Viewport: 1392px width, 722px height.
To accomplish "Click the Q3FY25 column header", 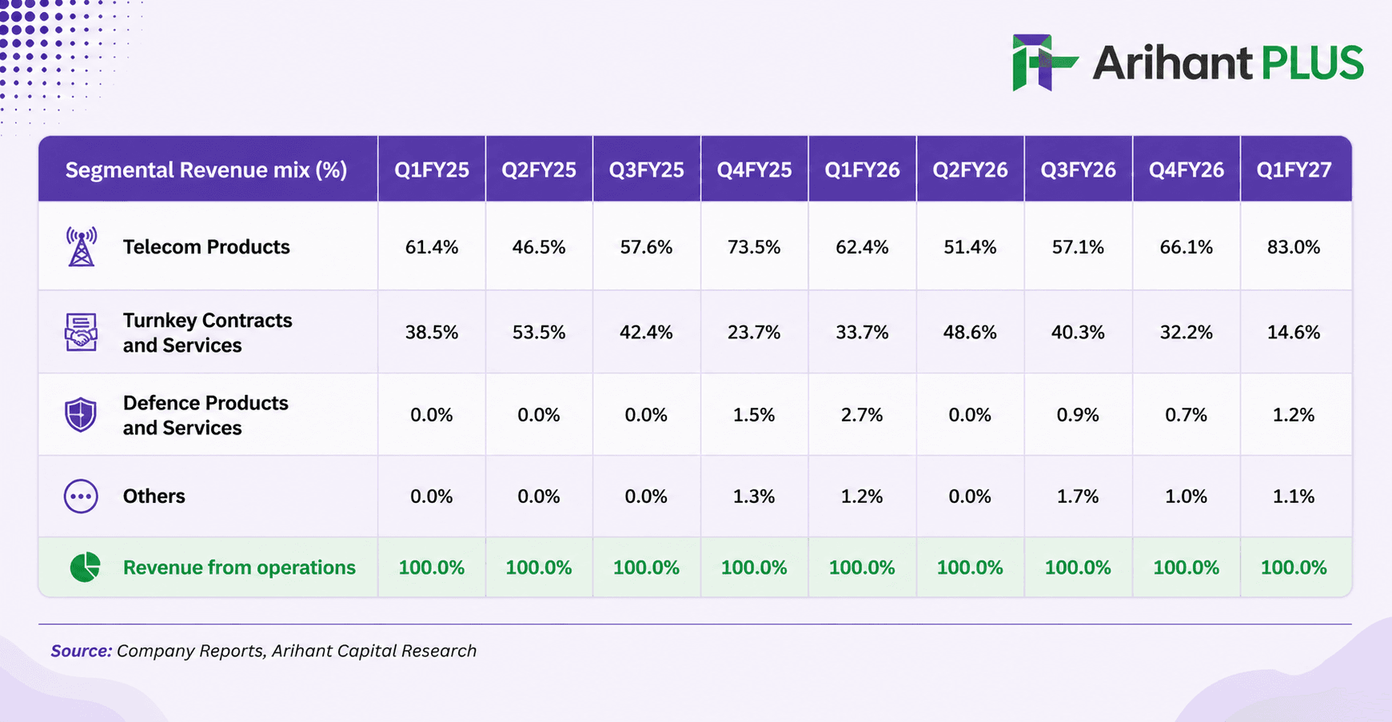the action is [646, 170].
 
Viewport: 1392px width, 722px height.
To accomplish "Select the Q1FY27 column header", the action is [1294, 170].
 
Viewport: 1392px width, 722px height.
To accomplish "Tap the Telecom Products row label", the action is [206, 247].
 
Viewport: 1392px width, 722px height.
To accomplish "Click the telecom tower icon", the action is [82, 246].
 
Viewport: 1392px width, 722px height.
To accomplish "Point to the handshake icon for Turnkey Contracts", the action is [81, 332].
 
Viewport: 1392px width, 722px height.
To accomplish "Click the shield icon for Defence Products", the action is [81, 415].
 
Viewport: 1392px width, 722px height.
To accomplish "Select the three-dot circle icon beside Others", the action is [81, 497].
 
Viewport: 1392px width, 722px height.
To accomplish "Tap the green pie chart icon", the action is [85, 567].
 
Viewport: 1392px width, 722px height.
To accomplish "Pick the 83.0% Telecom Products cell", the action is [1294, 247].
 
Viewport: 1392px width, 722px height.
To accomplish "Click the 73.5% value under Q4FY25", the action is [754, 247].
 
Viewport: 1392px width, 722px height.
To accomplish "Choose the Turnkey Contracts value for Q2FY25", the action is [539, 333].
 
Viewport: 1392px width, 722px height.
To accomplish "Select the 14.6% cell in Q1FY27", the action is [1294, 333].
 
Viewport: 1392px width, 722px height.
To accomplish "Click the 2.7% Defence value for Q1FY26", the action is [862, 415].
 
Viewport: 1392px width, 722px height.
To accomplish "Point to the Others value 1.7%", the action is [1078, 497].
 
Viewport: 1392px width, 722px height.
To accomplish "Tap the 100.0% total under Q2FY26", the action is [970, 568].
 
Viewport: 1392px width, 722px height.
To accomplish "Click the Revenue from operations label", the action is [239, 568].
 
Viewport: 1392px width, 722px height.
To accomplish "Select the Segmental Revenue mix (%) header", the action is [206, 170].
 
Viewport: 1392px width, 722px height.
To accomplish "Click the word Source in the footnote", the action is [81, 651].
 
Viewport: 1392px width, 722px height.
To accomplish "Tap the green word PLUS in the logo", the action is [1312, 63].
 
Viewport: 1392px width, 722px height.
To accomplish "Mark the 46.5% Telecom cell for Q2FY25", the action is [539, 247].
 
